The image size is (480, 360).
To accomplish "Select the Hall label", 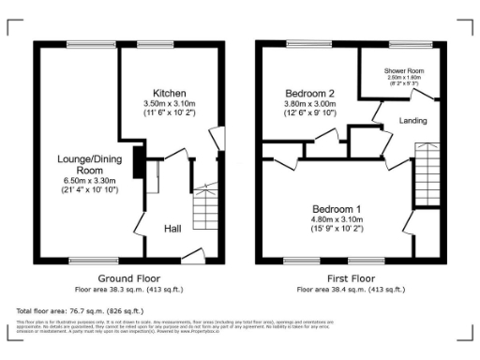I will pyautogui.click(x=173, y=229).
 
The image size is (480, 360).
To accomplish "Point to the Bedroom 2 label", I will pyautogui.click(x=310, y=94).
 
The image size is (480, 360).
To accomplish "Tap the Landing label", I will pyautogui.click(x=413, y=122).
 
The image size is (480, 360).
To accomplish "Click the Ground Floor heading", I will pyautogui.click(x=129, y=278).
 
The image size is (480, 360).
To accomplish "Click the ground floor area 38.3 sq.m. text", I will pyautogui.click(x=129, y=289).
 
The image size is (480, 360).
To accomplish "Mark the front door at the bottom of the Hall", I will pyautogui.click(x=194, y=254).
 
